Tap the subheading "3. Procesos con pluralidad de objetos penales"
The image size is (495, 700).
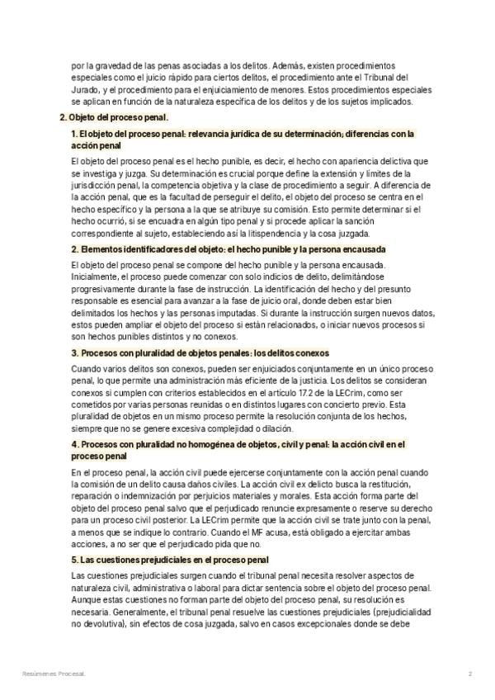point(200,352)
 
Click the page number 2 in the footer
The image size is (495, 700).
point(469,674)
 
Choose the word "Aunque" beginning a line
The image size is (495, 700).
point(85,601)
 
